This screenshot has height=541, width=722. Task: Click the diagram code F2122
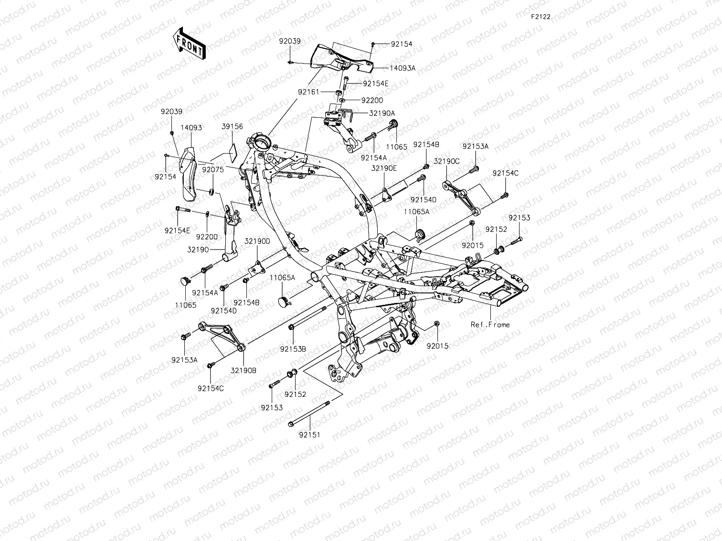[541, 17]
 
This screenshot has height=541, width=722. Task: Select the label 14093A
[402, 68]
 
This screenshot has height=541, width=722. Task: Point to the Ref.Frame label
[490, 324]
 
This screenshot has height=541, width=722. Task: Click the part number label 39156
[232, 126]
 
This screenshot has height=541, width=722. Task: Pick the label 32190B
[244, 370]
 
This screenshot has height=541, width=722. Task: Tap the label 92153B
[293, 349]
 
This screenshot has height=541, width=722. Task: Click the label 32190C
[446, 161]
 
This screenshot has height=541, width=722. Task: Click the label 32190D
[257, 241]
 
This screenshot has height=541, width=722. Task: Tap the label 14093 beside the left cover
[191, 127]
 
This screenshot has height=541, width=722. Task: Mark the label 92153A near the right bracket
[475, 146]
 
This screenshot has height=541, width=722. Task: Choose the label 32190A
[382, 113]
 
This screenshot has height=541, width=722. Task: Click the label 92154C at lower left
[211, 388]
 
